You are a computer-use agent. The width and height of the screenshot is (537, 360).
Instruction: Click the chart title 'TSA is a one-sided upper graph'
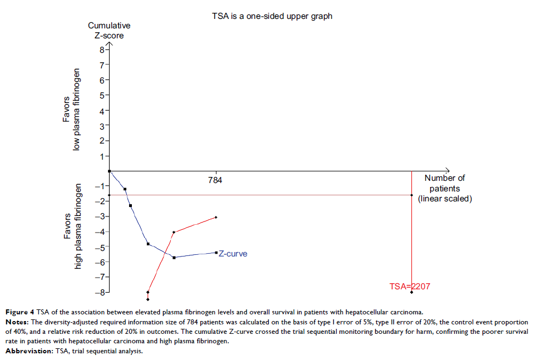point(272,16)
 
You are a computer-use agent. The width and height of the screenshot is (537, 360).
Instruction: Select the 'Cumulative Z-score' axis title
point(109,30)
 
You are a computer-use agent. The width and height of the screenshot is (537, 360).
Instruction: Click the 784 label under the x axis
point(215,180)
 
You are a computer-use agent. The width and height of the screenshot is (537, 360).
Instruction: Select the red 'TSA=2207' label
point(410,287)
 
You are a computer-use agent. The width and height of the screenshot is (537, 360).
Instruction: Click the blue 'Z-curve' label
point(233,254)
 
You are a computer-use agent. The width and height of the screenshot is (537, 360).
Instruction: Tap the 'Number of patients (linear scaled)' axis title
point(445,188)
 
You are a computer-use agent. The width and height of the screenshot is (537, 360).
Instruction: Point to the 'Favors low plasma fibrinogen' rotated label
point(72,109)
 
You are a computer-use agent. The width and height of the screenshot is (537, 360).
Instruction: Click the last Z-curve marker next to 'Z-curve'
point(216,253)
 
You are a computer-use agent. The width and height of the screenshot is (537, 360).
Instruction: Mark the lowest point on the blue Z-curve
point(174,258)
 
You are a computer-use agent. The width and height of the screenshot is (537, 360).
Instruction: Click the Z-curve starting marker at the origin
point(110,171)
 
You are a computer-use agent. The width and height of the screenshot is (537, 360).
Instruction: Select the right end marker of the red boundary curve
point(216,217)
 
